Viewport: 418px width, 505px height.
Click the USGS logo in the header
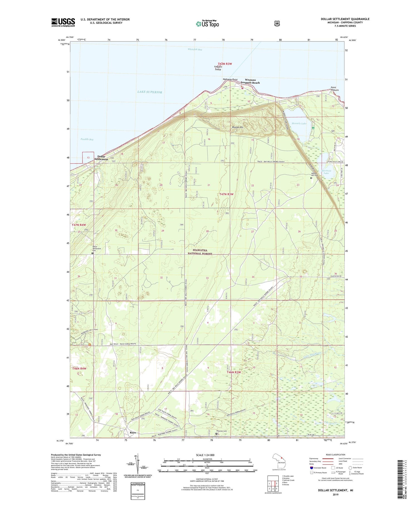(x=63, y=22)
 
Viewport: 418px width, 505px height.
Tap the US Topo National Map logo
(x=207, y=24)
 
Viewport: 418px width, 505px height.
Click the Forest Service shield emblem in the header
(x=276, y=24)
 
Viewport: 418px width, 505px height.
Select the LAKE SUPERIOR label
(x=149, y=92)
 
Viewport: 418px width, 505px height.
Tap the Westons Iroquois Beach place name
(x=250, y=81)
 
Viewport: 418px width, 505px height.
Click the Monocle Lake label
(x=299, y=123)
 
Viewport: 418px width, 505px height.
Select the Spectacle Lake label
(x=326, y=172)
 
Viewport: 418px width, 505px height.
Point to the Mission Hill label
(x=238, y=127)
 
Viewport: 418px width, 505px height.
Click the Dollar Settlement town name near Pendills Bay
(x=101, y=158)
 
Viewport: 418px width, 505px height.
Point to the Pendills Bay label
(x=87, y=139)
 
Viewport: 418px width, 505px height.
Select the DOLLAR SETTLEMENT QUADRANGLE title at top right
(x=345, y=19)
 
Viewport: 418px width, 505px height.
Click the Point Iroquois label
(x=334, y=89)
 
